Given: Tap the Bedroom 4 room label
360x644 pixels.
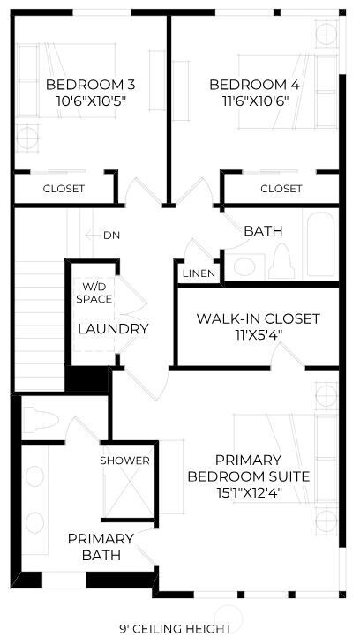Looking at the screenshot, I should (249, 85).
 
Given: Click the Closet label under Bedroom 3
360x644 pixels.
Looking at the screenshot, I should (64, 189).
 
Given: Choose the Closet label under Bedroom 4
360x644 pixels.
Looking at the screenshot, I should (281, 189).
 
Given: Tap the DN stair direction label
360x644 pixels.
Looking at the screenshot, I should (111, 236).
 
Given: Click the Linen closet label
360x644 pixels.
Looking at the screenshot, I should (199, 274).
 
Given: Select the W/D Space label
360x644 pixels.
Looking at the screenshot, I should (97, 293).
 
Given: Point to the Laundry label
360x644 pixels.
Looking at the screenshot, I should (113, 329).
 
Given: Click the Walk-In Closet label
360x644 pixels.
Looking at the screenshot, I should (258, 318).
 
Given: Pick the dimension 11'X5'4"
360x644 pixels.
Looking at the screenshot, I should (258, 334).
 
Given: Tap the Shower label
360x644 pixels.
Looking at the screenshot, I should (124, 461).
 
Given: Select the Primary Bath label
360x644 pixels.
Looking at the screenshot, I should (101, 546).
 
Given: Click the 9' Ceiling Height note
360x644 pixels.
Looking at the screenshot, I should (176, 629).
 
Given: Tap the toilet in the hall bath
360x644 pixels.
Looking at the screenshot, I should (282, 261).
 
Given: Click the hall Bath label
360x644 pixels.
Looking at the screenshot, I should (263, 231).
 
